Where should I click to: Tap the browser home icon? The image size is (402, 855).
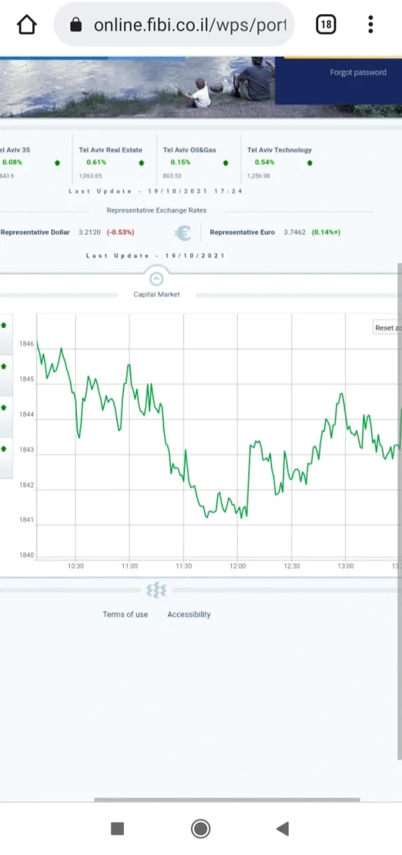click(26, 25)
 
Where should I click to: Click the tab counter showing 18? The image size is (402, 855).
click(325, 25)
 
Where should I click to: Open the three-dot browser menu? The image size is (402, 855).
click(371, 25)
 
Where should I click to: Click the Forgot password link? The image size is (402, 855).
click(358, 72)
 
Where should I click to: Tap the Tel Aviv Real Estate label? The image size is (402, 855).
click(111, 150)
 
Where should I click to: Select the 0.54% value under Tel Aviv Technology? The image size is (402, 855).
click(265, 163)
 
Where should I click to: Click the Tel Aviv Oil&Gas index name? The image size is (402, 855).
click(190, 150)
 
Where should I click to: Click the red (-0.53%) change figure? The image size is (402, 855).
click(121, 232)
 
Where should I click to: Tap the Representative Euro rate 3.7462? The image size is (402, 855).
click(294, 232)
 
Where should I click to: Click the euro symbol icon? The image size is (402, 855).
click(182, 232)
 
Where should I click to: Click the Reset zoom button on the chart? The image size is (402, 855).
click(387, 327)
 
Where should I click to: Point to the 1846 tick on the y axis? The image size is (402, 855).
click(26, 344)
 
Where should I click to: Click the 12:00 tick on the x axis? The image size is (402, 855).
click(238, 566)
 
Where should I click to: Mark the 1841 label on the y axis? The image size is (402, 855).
click(26, 520)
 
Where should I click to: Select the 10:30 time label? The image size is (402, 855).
click(76, 566)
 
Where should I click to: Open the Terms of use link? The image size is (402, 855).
click(125, 615)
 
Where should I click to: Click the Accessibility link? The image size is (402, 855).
click(189, 615)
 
